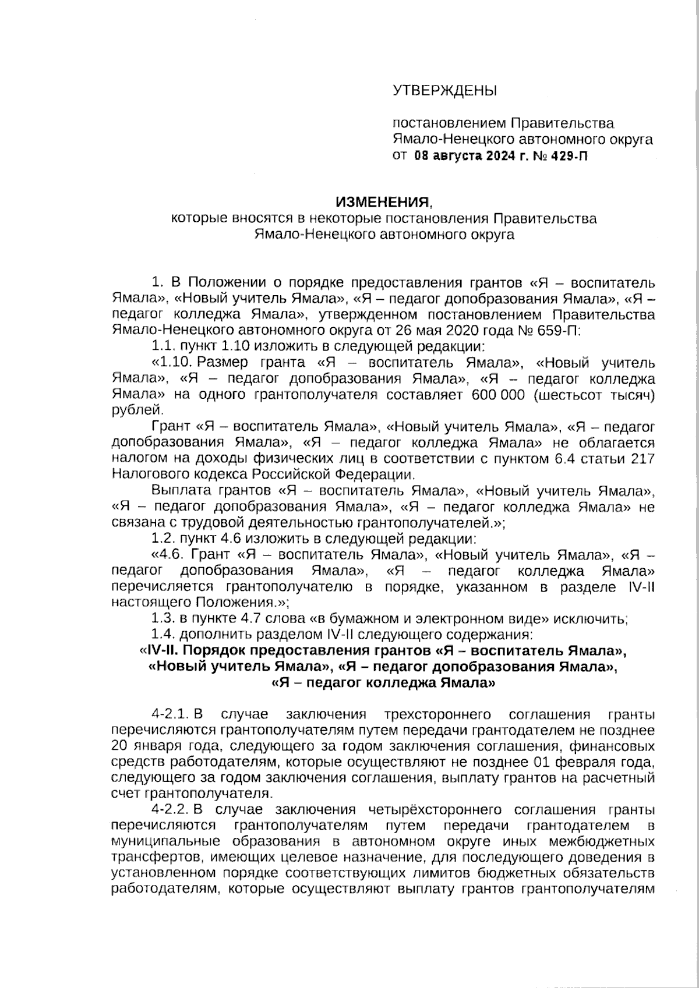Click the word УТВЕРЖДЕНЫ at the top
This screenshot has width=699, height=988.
coord(446,91)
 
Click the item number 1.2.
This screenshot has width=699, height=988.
coord(163,537)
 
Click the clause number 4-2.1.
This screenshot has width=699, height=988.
coord(170,714)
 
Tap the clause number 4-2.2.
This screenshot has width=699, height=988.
coord(170,810)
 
